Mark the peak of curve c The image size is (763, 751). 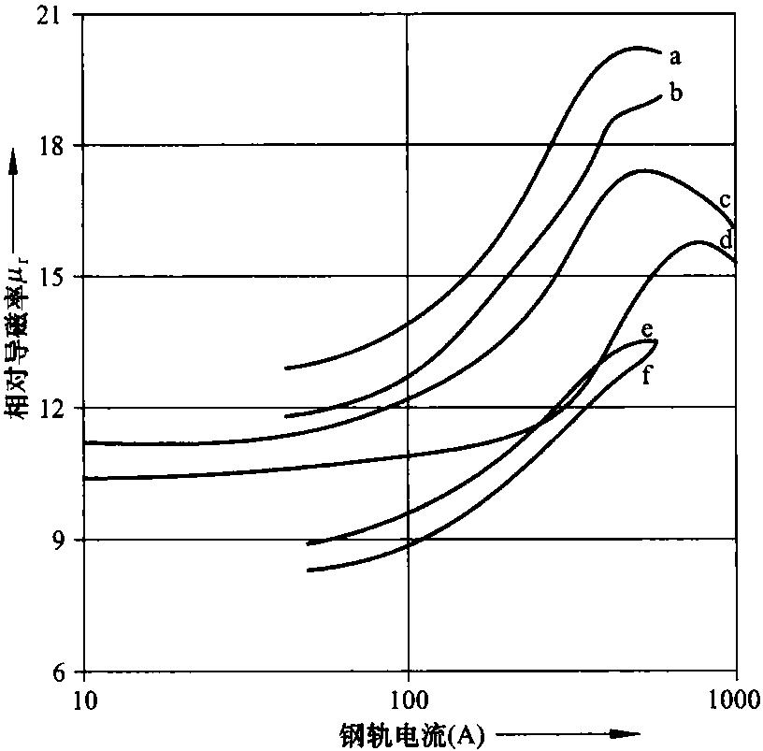click(x=643, y=170)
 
